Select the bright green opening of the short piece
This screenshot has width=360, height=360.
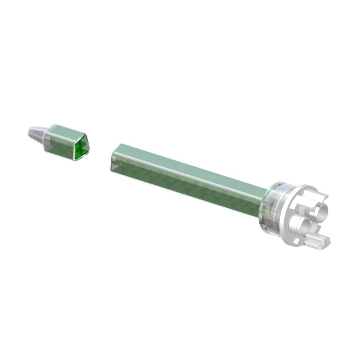tap(82, 147)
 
